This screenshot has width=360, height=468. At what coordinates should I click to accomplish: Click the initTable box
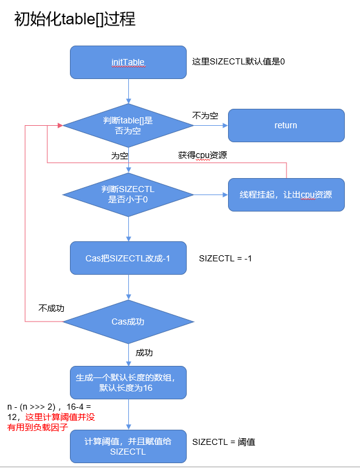(128, 62)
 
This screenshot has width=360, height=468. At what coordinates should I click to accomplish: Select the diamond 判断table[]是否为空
(128, 125)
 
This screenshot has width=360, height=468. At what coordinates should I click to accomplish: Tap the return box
(286, 125)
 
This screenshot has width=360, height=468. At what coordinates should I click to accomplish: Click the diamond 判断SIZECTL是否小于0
(128, 194)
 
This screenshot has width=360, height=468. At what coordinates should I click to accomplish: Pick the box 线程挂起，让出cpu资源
(286, 194)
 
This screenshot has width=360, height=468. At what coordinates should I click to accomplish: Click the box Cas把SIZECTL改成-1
(128, 258)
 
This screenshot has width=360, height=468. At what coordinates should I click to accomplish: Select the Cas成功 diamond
(128, 322)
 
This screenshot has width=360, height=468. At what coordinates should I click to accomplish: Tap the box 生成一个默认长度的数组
(128, 382)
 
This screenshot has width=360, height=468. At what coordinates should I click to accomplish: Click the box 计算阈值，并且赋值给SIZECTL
(128, 447)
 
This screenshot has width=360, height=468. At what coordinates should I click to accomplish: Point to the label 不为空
(205, 115)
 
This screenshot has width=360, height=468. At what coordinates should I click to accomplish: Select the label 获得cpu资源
(202, 155)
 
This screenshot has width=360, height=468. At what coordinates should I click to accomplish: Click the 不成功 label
(51, 308)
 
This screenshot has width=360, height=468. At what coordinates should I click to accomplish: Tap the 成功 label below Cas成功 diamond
(144, 353)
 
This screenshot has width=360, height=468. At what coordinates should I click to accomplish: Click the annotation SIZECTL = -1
(225, 258)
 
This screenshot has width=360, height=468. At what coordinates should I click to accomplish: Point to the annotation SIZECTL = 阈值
(223, 442)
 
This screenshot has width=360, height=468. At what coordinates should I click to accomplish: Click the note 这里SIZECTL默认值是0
(238, 62)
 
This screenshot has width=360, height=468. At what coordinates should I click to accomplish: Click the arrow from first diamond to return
(210, 126)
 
